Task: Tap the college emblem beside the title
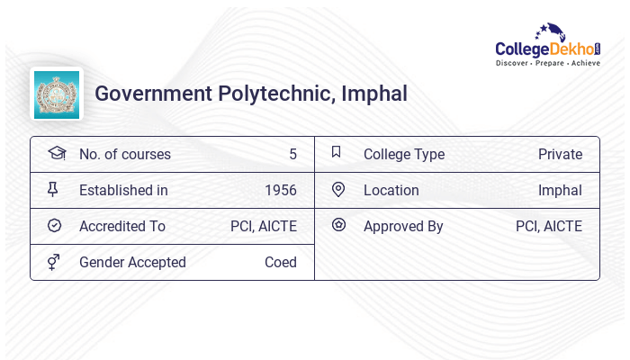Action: point(57,94)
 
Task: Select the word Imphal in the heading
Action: point(374,94)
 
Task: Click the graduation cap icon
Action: point(56,153)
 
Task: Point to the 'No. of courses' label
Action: point(124,154)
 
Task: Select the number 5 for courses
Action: point(292,154)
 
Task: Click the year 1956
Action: point(281,190)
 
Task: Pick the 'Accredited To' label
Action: point(122,226)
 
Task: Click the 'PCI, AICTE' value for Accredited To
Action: point(264,226)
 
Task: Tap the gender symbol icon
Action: point(55,262)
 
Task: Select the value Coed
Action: point(281,262)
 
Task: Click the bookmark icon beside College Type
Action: point(337,153)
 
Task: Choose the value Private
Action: point(560,154)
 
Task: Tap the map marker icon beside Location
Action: point(338,190)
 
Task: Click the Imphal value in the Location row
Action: point(560,190)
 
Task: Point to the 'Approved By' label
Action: point(403,226)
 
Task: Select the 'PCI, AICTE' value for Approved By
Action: point(549,226)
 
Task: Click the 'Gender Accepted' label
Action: point(132,262)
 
